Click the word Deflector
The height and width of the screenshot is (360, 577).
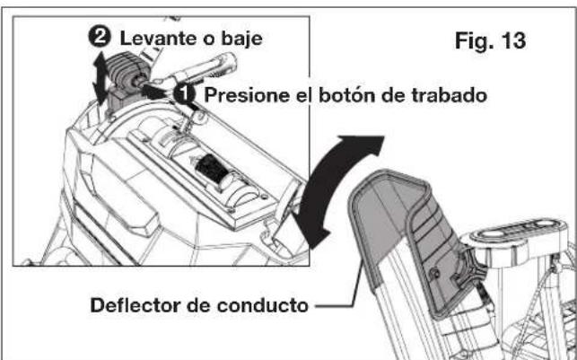(137, 305)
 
